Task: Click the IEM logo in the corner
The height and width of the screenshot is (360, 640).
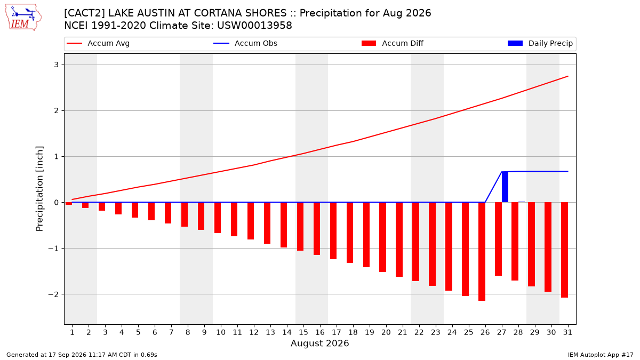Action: [23, 18]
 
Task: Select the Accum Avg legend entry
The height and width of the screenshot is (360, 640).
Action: [98, 43]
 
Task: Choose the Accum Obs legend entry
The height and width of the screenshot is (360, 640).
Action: [245, 43]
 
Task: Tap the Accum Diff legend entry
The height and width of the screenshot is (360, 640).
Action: [393, 43]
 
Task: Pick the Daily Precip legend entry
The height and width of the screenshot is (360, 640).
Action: [540, 43]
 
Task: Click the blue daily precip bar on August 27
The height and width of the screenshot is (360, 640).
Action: [505, 187]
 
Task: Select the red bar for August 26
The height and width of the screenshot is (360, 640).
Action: [482, 251]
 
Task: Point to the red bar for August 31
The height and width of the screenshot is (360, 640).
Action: [564, 250]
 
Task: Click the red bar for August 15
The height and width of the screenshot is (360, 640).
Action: [300, 227]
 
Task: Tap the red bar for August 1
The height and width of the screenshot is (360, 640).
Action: [69, 203]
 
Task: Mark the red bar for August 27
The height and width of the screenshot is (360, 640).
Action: [498, 239]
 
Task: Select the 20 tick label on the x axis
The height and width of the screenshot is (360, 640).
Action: [386, 332]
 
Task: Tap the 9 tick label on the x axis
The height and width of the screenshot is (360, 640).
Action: [204, 332]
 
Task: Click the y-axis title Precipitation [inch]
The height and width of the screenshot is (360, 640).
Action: [39, 189]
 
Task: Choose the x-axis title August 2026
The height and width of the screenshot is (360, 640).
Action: [319, 343]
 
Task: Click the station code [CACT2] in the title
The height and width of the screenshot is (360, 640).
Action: [84, 13]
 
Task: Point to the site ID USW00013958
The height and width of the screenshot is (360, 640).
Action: [254, 26]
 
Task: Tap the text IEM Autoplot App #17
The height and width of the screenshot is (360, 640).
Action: [601, 355]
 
